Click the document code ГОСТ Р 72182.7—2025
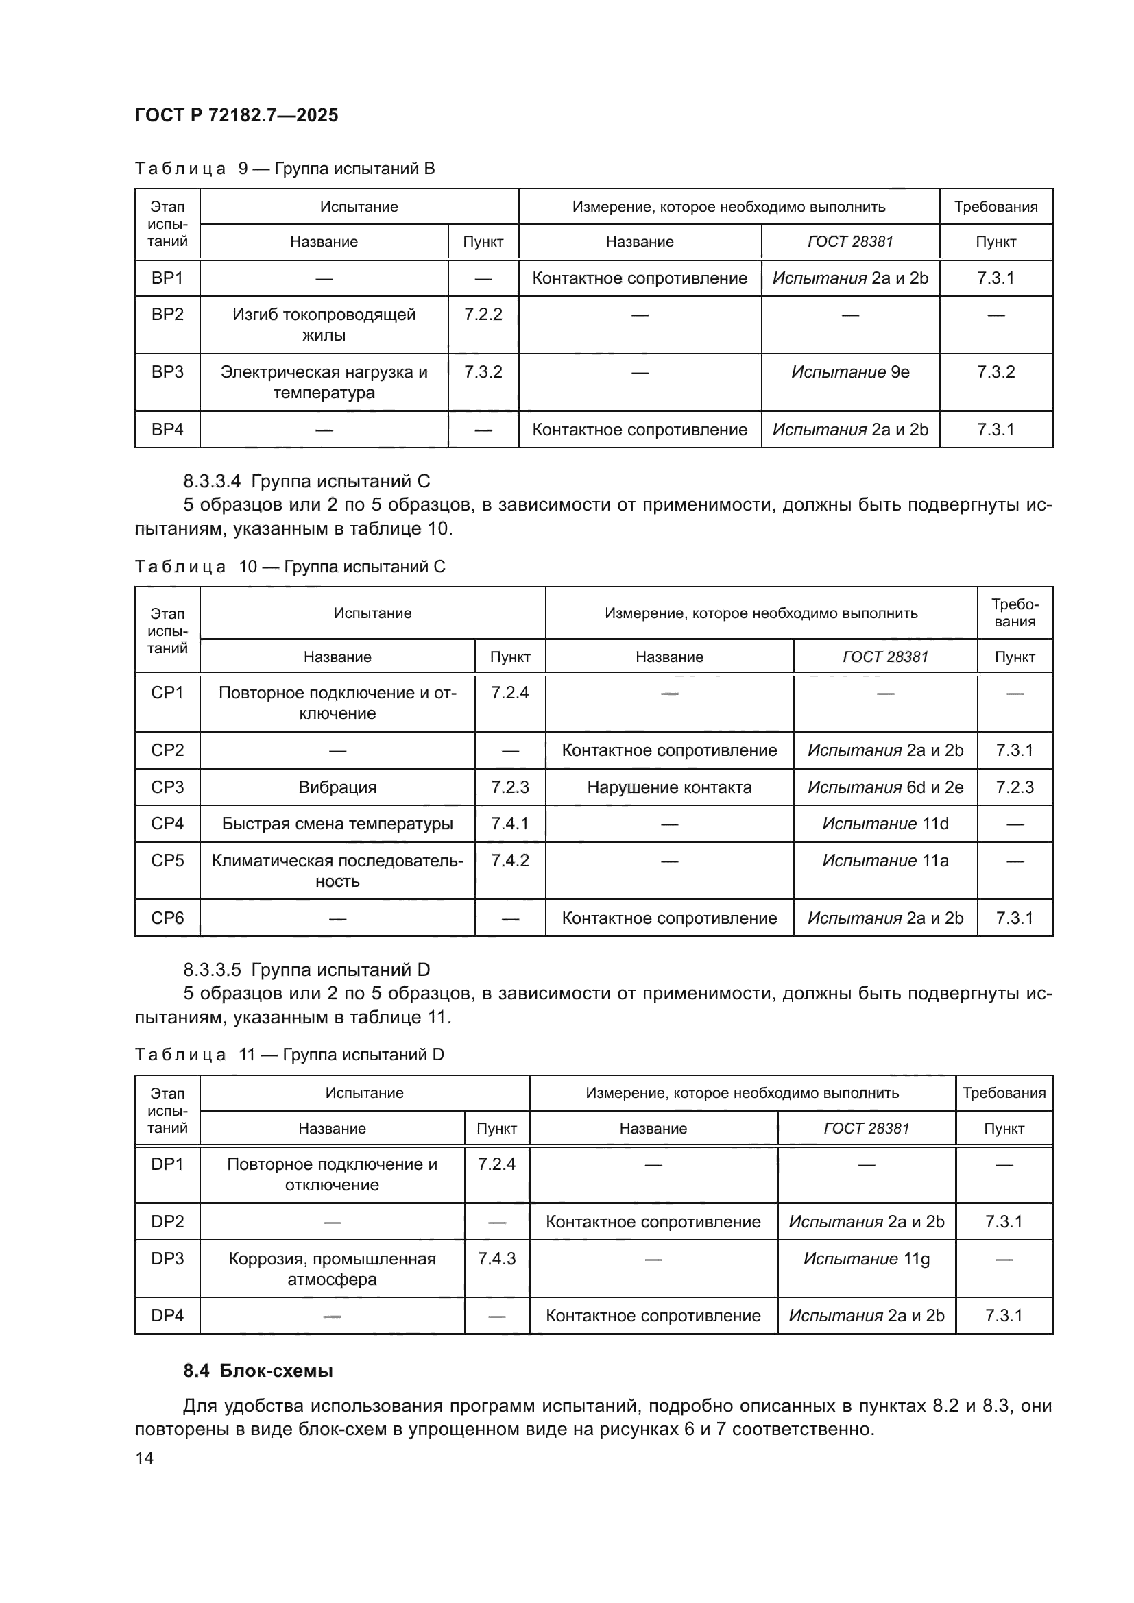click(x=236, y=115)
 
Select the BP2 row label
click(x=167, y=315)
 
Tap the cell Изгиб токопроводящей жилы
click(x=324, y=325)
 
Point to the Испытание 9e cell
click(x=849, y=372)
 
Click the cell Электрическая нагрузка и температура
click(x=324, y=382)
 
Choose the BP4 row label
click(x=167, y=430)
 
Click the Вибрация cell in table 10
click(x=337, y=787)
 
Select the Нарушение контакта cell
click(x=669, y=787)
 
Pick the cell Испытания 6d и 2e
click(x=884, y=787)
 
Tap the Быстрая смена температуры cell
click(x=337, y=824)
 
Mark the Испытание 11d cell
click(x=884, y=824)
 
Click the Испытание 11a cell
click(x=884, y=861)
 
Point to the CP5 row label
click(x=167, y=861)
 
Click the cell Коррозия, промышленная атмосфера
click(x=332, y=1269)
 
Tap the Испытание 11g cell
click(x=866, y=1259)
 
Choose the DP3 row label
click(x=167, y=1259)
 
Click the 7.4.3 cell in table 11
click(x=496, y=1259)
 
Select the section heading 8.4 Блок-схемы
click(x=258, y=1371)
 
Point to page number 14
click(x=145, y=1458)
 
